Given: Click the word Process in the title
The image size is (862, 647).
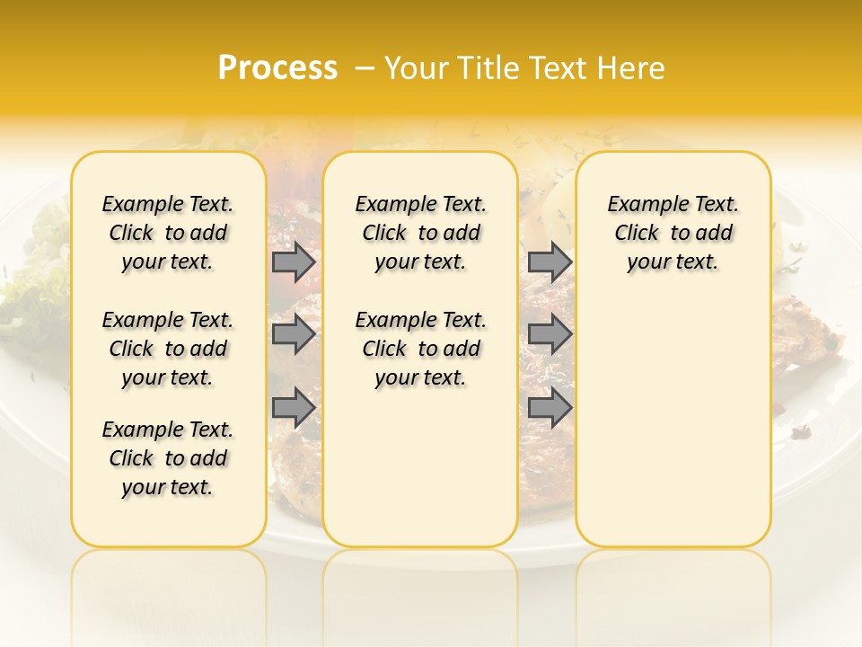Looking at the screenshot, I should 277,68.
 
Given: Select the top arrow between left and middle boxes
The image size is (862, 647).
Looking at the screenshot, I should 294,261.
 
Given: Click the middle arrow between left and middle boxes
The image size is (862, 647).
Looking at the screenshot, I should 294,334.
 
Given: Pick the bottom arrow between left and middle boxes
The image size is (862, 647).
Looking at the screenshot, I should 294,407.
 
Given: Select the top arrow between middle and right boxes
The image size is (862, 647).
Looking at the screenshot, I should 550,261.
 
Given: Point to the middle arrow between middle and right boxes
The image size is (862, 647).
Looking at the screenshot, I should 550,334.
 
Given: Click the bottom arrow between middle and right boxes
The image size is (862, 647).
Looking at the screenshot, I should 550,407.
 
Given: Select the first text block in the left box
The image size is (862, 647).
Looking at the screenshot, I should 168,233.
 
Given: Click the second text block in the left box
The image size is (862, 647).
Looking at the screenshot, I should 168,349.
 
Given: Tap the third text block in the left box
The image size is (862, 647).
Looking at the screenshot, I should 168,458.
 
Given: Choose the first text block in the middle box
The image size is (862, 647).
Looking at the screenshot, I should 420,233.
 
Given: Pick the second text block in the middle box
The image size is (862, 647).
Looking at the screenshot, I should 420,349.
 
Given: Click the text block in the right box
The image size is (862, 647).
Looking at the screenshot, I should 673,233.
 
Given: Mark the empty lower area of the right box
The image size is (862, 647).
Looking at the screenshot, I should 673,422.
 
